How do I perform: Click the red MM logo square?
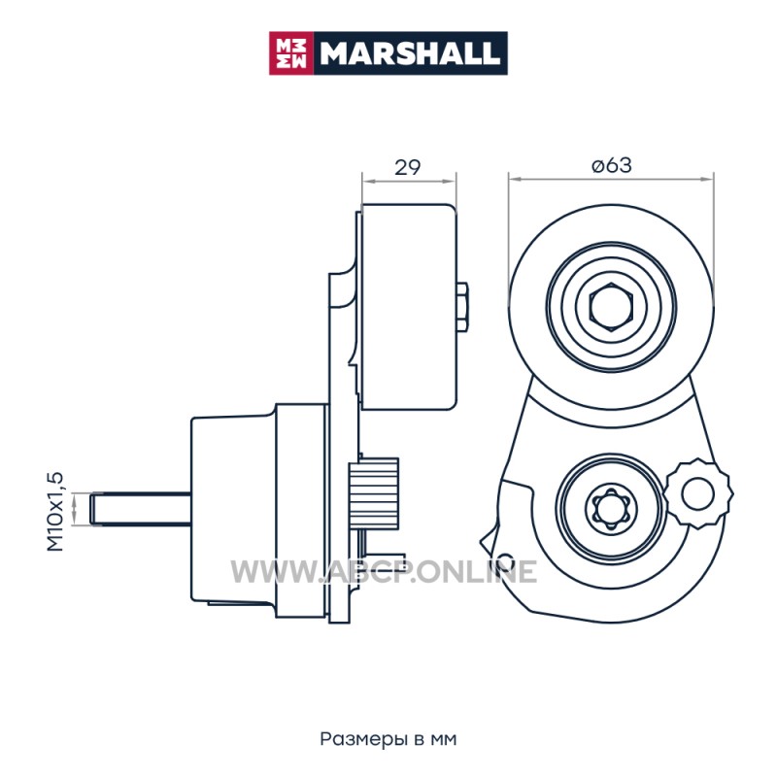(x=290, y=53)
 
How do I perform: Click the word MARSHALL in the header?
(x=410, y=53)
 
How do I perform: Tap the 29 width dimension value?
(x=407, y=167)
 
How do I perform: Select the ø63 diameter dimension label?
(x=612, y=165)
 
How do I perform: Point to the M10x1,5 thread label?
(x=55, y=512)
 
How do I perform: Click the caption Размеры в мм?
(x=388, y=739)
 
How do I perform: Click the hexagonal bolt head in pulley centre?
(x=611, y=307)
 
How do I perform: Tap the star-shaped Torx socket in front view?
(x=611, y=509)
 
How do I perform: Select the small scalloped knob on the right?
(x=697, y=493)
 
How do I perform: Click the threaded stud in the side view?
(x=141, y=509)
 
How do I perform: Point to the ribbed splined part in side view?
(x=374, y=493)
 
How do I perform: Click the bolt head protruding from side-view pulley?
(x=462, y=307)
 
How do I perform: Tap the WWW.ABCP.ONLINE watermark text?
(x=384, y=571)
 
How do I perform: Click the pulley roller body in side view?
(x=409, y=307)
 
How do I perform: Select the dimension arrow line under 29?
(x=409, y=182)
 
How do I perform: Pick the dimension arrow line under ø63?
(x=611, y=180)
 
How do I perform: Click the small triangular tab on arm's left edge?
(x=490, y=537)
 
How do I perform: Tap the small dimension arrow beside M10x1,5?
(x=75, y=509)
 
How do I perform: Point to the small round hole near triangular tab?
(x=506, y=559)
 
